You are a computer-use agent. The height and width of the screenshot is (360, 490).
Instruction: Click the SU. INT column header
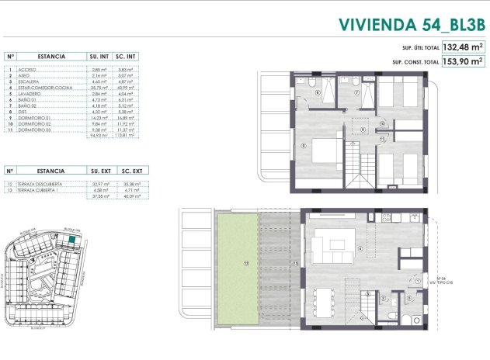coord(99,56)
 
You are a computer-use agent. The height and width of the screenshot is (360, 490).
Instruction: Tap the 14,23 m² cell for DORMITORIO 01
coord(99,118)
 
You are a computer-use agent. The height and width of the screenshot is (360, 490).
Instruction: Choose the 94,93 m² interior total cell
coord(99,135)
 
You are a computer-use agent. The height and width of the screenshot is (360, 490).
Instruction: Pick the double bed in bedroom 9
coord(321,148)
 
